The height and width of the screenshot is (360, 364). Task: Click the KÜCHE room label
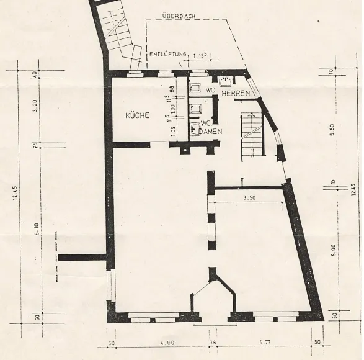(x=137, y=115)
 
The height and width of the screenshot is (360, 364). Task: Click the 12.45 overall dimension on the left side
(x=14, y=196)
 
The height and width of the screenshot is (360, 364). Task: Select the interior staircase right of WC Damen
(x=251, y=138)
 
